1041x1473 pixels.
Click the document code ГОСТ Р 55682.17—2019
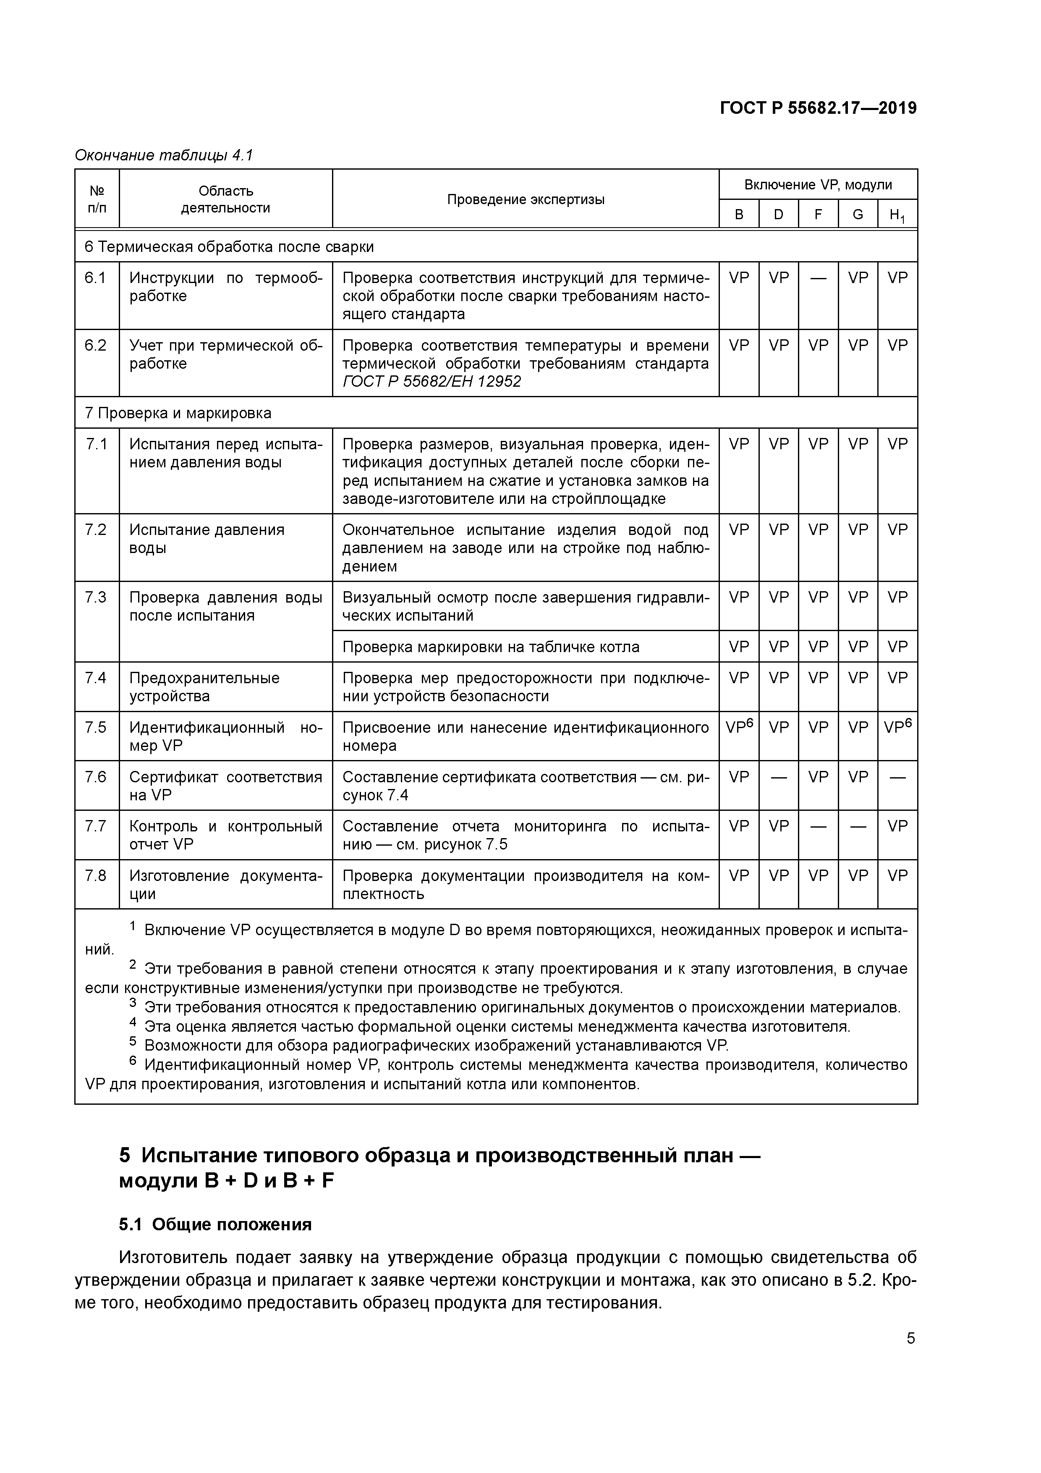coord(818,108)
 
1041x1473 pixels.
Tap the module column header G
coord(858,214)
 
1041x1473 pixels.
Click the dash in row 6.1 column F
coord(818,278)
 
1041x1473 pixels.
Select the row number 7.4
coord(96,678)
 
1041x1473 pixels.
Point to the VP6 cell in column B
coord(739,727)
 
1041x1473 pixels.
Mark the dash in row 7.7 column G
coord(858,827)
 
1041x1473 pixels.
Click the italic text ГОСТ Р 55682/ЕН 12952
coord(432,382)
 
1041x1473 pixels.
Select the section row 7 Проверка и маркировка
coord(178,413)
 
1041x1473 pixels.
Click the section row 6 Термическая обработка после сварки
coord(229,247)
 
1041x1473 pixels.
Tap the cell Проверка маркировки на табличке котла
coord(491,647)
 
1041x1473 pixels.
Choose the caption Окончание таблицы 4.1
coord(164,155)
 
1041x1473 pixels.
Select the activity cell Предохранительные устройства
coord(204,687)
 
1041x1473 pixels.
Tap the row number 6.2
coord(96,346)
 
